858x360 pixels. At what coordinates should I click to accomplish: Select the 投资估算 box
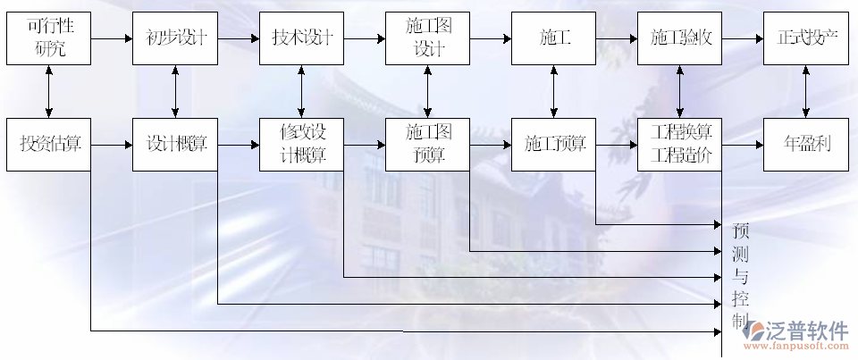(x=49, y=144)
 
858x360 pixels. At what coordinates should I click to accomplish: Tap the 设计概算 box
(x=175, y=144)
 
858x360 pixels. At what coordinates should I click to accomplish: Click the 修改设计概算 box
(x=301, y=144)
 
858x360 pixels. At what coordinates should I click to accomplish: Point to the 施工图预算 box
(x=428, y=144)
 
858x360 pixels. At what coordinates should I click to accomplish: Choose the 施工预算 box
(x=554, y=144)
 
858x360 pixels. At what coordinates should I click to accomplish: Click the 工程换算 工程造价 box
(x=680, y=144)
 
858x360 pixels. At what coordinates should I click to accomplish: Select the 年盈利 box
(x=806, y=144)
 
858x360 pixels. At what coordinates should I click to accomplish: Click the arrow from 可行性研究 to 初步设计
(x=112, y=39)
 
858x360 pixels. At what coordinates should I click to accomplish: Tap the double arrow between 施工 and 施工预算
(x=554, y=91)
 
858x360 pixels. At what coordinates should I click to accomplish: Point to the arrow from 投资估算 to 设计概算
(x=112, y=144)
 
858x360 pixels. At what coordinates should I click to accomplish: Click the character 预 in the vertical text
(x=740, y=230)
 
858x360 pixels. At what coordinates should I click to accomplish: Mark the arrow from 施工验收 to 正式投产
(x=743, y=39)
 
